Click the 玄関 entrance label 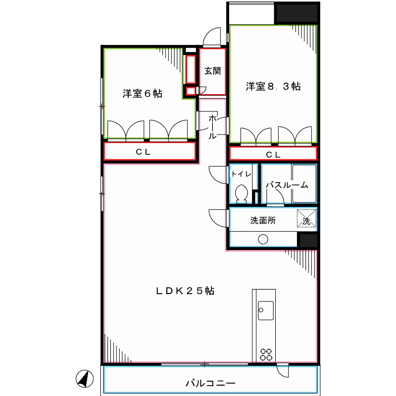pos(213,71)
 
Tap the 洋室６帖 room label pos(143,93)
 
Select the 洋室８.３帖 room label pos(273,87)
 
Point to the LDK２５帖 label pos(186,291)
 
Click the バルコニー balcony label pos(210,383)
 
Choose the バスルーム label pos(287,185)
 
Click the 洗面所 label pos(263,221)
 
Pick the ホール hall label pos(212,126)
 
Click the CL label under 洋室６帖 pos(144,152)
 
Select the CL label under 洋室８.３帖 pos(273,154)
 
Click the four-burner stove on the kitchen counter pos(266,354)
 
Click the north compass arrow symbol pos(85,379)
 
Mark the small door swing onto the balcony pos(283,370)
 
